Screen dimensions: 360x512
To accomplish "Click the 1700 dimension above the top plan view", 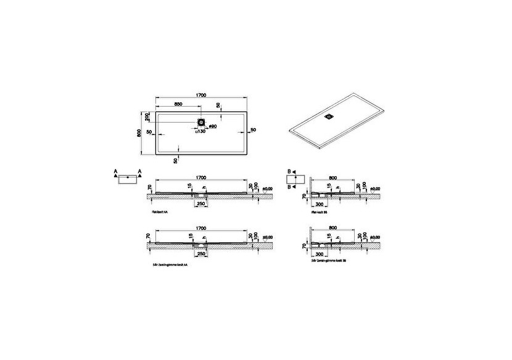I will click(201, 95).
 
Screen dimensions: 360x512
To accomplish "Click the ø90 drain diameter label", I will click(212, 127).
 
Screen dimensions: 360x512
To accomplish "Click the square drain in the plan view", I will click(201, 121).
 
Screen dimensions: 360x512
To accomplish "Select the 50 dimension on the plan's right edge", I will click(252, 129).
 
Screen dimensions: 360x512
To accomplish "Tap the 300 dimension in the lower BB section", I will click(320, 253).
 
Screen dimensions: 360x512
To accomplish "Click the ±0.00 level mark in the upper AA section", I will click(268, 187).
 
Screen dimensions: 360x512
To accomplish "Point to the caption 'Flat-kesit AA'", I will click(162, 211).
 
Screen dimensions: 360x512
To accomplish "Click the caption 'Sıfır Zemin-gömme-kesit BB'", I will click(334, 260).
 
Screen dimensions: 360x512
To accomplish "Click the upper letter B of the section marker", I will click(289, 170).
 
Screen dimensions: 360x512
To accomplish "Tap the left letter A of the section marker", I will click(115, 170).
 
